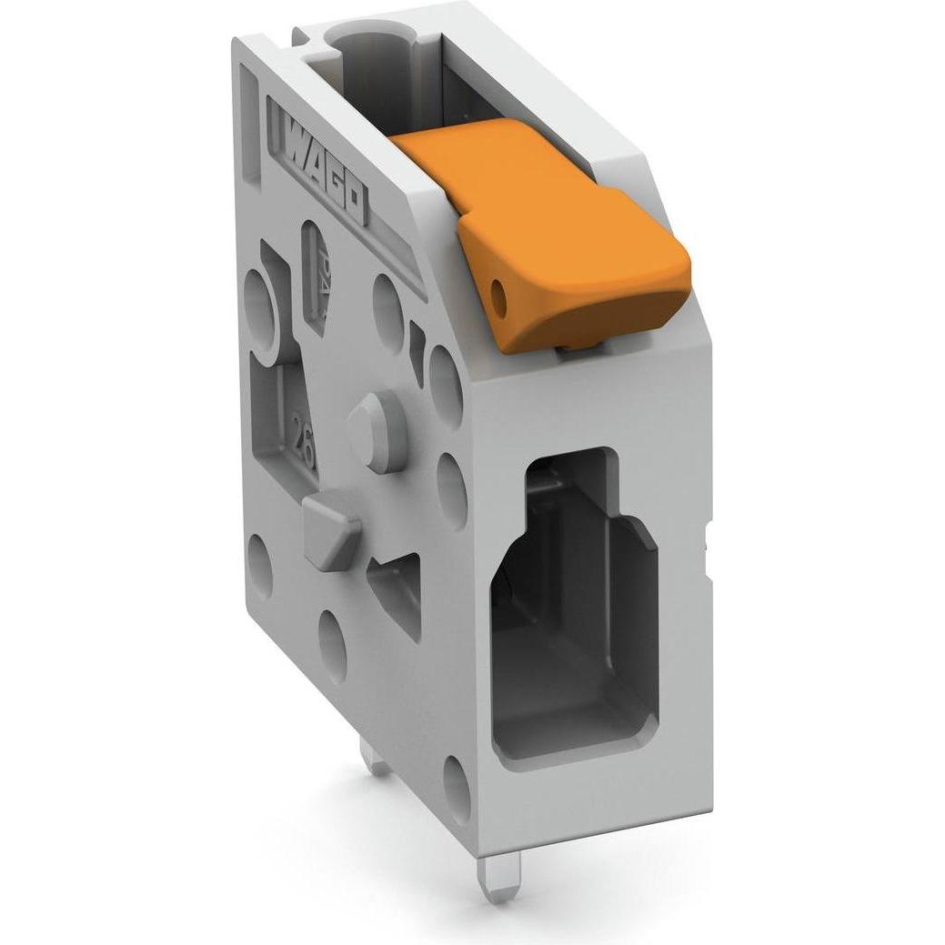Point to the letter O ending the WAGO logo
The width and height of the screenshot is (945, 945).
click(x=354, y=205)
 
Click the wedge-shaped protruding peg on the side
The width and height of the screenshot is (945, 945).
click(x=329, y=532)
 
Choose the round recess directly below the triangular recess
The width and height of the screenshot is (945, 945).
click(x=334, y=647)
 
